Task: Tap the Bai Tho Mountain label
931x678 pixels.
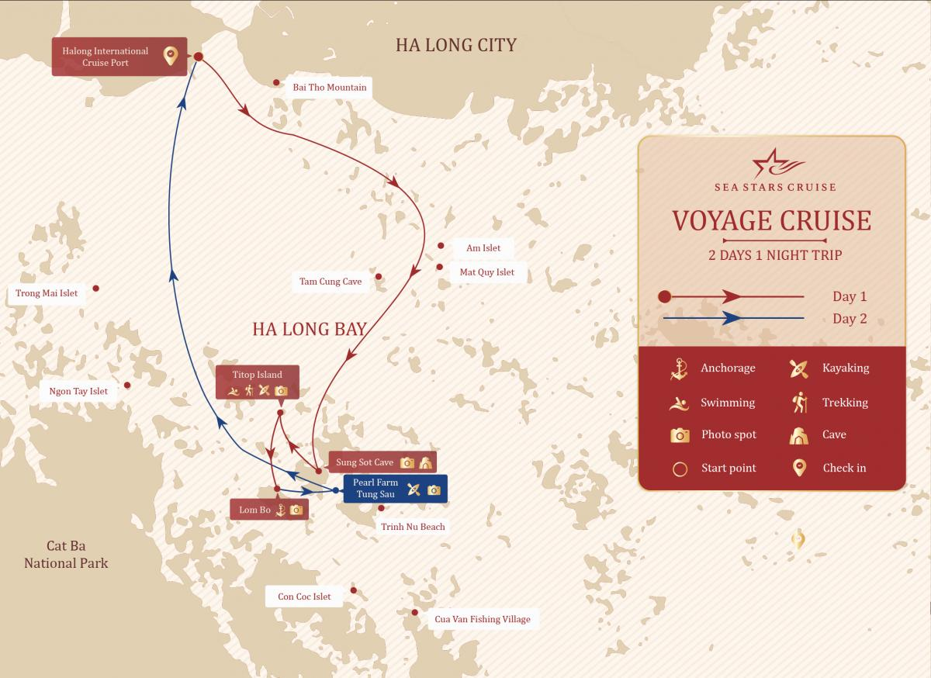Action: point(330,87)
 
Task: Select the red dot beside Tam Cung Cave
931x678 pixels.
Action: point(379,276)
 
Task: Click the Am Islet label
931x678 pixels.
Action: point(483,248)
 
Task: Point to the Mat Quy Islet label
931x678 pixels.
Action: point(486,272)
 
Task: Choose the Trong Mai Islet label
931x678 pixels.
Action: point(47,293)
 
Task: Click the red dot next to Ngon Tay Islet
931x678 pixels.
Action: point(127,385)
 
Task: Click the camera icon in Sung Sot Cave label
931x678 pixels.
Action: point(407,463)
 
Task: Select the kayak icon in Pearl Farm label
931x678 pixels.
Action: point(414,489)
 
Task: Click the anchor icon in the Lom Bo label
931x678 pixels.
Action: point(281,510)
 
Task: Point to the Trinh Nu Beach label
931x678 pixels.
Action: point(413,527)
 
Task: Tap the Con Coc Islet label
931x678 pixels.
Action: point(304,597)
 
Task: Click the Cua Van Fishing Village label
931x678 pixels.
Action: point(483,619)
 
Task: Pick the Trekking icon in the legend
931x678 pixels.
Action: point(799,402)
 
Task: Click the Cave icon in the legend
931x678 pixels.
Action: point(799,435)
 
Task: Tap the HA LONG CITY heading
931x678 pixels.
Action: point(455,45)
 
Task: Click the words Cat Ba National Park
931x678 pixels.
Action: point(66,555)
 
